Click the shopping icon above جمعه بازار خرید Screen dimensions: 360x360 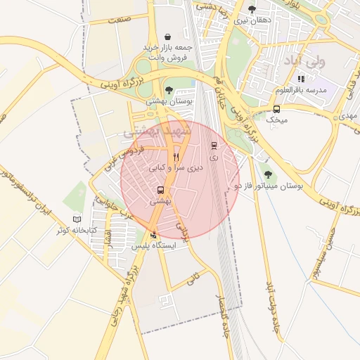tap(167, 37)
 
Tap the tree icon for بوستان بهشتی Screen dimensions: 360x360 tap(169, 89)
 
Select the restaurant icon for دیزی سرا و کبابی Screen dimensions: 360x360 tap(176, 157)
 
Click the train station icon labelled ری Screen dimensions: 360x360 tap(214, 146)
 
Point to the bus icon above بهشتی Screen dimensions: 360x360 tap(161, 190)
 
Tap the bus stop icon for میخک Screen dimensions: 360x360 tap(276, 109)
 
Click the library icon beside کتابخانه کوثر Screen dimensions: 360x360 tap(77, 219)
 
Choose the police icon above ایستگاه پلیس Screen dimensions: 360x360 tap(154, 235)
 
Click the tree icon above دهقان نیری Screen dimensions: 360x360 tap(252, 9)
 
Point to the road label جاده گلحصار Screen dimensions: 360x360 tap(226, 328)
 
